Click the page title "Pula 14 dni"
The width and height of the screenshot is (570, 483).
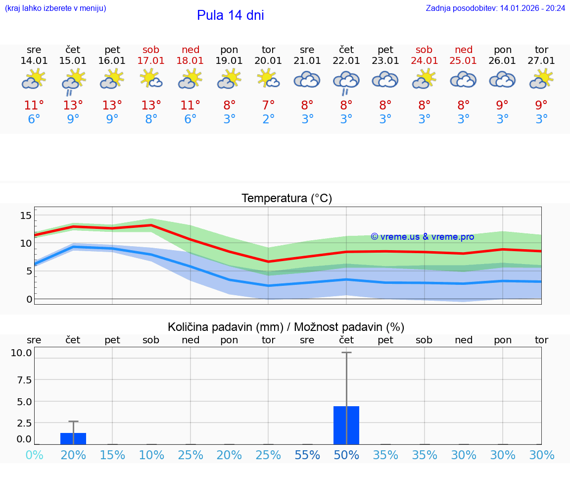pos(230,15)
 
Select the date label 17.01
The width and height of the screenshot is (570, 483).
pos(151,61)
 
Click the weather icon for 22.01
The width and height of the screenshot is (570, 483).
pos(346,81)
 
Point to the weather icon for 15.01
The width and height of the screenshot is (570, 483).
pos(73,81)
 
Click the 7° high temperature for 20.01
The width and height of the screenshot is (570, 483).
pos(268,106)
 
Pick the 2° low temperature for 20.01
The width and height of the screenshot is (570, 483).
pos(268,119)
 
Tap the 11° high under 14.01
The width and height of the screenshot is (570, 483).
pos(34,106)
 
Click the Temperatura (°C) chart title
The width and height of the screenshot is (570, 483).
pos(286,199)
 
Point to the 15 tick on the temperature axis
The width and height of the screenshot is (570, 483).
pos(26,215)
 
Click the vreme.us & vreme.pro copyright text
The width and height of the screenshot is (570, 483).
pos(422,237)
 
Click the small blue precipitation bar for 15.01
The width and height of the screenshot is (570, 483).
pos(73,438)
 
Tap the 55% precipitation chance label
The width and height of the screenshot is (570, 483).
pos(307,455)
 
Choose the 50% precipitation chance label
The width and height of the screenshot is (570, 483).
pos(346,455)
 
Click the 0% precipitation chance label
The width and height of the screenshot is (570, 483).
pos(34,455)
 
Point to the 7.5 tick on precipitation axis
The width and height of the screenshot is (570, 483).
pos(21,380)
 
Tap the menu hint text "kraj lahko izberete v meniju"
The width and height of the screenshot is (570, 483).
pos(55,8)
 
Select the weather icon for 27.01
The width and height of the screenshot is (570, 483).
pos(541,79)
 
